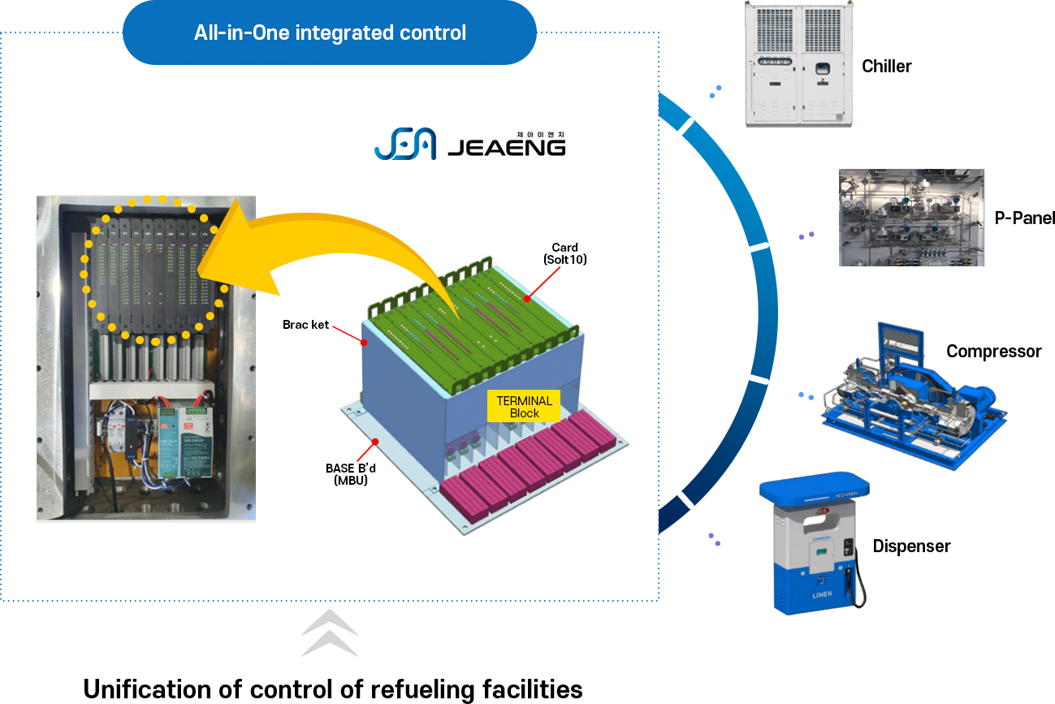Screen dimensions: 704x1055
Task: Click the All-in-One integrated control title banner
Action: click(x=330, y=33)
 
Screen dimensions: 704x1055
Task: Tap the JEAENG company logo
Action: click(x=469, y=145)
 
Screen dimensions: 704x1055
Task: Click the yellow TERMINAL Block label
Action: click(x=524, y=407)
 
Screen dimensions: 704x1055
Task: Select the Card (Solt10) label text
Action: click(x=564, y=253)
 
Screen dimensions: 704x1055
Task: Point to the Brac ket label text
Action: click(x=306, y=325)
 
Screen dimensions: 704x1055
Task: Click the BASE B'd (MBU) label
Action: click(x=350, y=474)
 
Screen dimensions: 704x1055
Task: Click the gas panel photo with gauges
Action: click(x=911, y=218)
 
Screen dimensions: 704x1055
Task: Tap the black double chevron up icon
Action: click(x=329, y=633)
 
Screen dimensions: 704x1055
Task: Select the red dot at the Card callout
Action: click(x=528, y=300)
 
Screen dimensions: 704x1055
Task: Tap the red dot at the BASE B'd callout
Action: click(x=374, y=441)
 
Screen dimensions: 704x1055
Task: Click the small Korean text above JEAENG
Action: click(x=539, y=136)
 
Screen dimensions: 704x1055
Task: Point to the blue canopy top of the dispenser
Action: click(x=814, y=488)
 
